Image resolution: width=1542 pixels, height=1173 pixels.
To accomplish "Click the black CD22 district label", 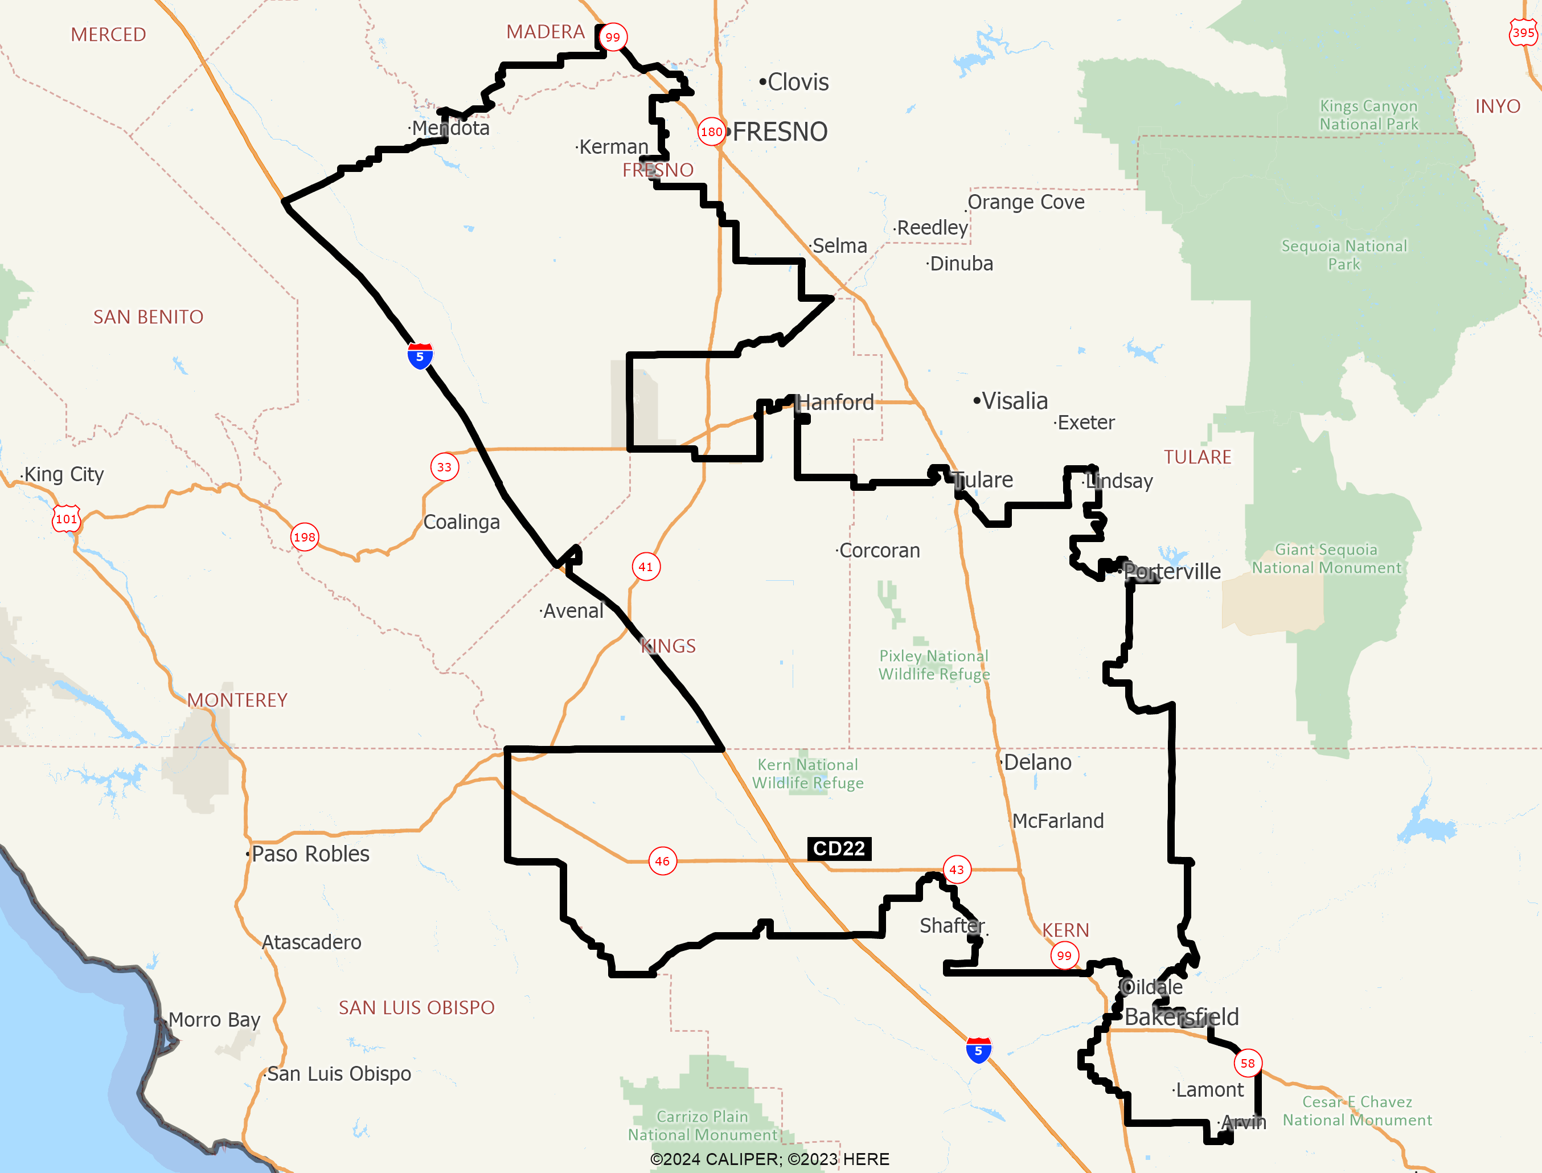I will coord(839,848).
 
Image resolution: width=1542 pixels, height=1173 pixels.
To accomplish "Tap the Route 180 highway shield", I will coord(711,132).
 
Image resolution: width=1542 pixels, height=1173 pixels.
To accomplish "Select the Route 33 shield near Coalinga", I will coord(445,467).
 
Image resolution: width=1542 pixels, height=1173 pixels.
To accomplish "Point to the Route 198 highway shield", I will coord(304,537).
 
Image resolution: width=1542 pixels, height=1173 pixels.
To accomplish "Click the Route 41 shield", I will coord(646,566).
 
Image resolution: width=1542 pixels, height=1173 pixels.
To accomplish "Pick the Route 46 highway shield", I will coord(662,861).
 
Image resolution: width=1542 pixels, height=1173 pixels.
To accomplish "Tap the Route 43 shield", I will coord(956,870).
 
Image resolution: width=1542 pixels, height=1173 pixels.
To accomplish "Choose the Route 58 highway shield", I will coord(1248,1063).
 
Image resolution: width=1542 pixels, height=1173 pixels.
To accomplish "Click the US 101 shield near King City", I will coord(66,519).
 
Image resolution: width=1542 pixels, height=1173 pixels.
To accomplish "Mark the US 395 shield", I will coord(1523,33).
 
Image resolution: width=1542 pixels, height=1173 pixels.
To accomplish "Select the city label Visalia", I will coord(1014,401).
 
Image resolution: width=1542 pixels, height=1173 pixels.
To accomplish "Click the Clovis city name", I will coord(797,83).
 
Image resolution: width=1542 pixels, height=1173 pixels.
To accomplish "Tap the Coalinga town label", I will coord(461,522).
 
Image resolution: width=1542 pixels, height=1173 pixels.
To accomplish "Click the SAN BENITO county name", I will coord(148,317).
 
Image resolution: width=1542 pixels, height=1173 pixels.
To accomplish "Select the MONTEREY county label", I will coord(237,700).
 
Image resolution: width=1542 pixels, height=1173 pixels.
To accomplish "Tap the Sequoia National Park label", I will coord(1344,255).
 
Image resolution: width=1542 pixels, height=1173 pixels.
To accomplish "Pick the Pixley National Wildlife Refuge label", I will coord(934,665).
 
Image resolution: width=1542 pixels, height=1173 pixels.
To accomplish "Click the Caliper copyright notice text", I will coord(769,1159).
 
